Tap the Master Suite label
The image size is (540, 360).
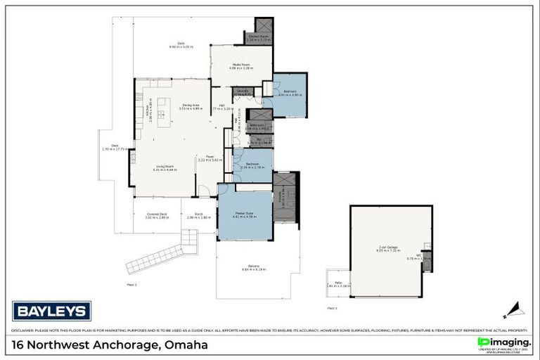point(244,215)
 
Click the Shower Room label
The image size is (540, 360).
point(258,38)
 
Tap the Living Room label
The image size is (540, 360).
point(165,168)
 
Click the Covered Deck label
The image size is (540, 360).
point(157,216)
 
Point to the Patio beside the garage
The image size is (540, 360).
point(338,283)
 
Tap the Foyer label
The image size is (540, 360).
point(210,158)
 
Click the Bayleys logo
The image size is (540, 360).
point(51,311)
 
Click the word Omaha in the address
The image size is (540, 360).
point(188,345)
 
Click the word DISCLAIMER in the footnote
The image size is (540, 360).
point(25,330)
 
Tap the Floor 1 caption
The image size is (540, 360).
point(332,308)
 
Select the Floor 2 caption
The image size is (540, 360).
point(131,285)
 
